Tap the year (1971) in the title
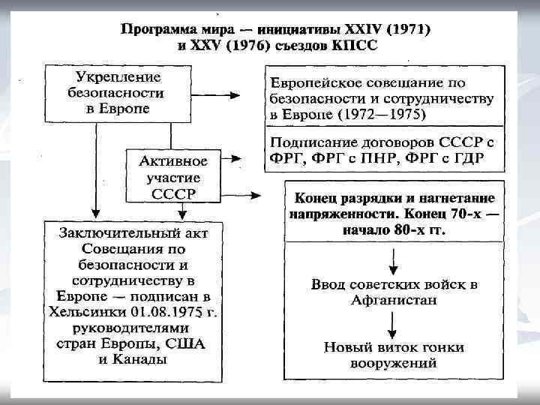409,30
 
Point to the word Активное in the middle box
173,161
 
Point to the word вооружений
394,364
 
